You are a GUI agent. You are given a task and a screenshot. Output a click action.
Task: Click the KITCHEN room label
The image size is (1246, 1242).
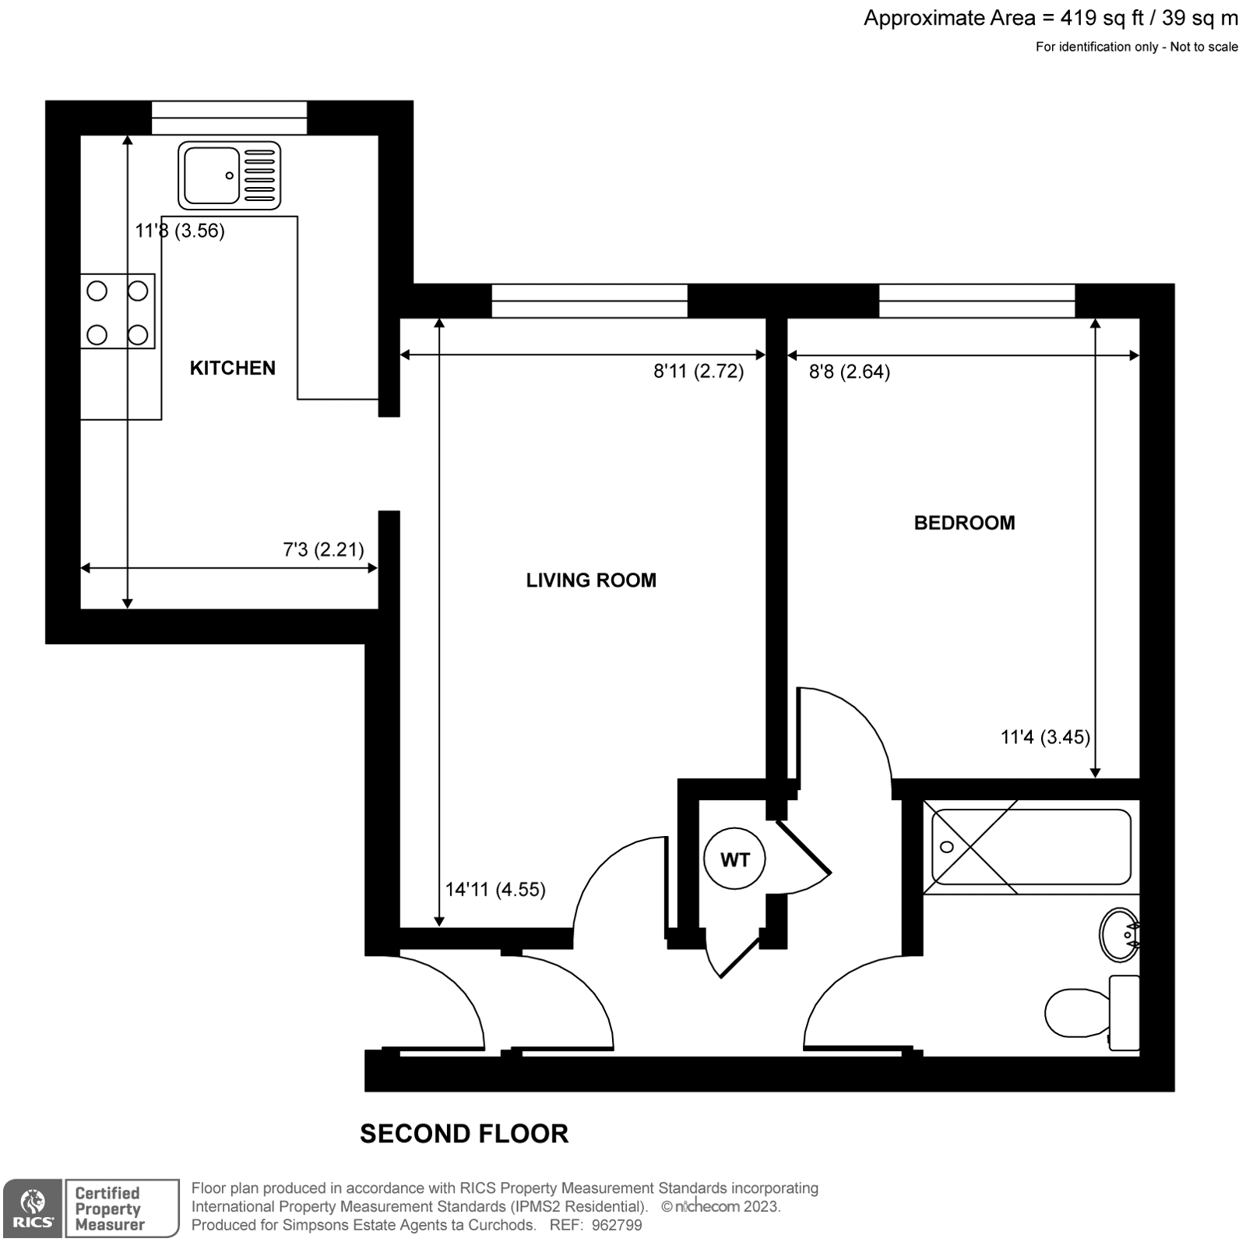click(232, 368)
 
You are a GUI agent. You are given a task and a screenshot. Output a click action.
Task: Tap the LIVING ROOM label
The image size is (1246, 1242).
click(590, 580)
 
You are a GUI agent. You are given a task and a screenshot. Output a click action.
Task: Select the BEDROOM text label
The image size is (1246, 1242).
click(964, 523)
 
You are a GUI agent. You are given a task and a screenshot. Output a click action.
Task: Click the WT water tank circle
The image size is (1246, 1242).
click(734, 860)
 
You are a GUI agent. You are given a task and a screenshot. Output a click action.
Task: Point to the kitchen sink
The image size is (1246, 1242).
click(229, 176)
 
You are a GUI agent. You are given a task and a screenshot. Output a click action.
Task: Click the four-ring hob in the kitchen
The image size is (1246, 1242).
click(118, 312)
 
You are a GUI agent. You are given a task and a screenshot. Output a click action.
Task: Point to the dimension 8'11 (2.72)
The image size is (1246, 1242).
click(698, 372)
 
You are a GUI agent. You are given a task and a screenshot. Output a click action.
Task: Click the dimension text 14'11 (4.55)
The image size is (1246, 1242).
click(495, 890)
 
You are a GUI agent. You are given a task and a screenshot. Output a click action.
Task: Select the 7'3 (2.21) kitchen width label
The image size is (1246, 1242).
click(323, 550)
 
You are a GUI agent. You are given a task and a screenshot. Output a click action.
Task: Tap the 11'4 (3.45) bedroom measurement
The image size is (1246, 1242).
click(1044, 737)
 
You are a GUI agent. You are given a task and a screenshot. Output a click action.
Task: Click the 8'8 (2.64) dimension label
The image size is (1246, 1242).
click(849, 372)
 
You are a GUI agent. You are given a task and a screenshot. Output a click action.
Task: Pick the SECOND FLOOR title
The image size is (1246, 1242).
click(463, 1134)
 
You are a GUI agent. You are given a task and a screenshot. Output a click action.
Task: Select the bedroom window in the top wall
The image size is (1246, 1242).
click(977, 301)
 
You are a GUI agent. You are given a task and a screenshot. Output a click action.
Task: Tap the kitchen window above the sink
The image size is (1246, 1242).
click(229, 118)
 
